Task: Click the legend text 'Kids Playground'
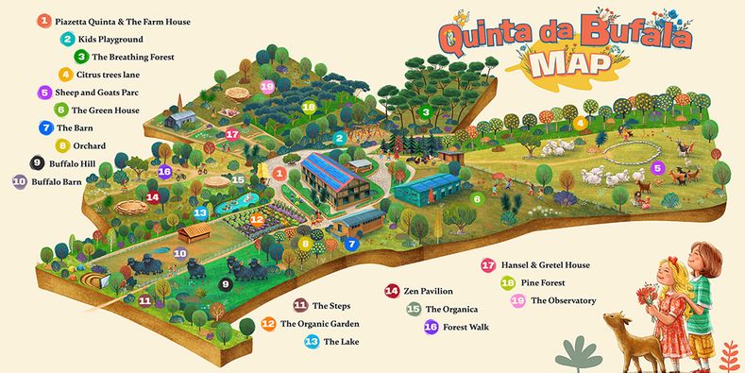(x=110, y=40)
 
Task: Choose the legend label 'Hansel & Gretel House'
(x=549, y=266)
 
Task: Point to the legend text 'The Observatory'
(x=564, y=301)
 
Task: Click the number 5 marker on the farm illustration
(x=658, y=169)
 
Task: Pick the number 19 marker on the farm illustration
(x=267, y=87)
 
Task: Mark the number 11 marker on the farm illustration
(x=145, y=301)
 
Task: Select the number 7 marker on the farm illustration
(x=351, y=244)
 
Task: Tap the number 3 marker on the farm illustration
(x=426, y=112)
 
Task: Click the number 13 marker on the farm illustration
(x=200, y=213)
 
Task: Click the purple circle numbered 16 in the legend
(x=431, y=327)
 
